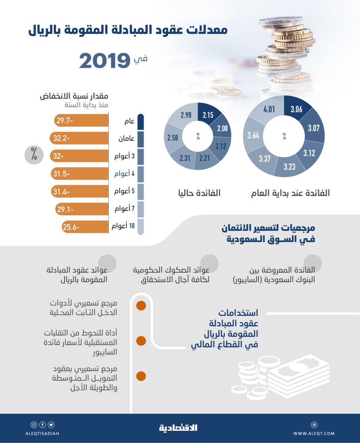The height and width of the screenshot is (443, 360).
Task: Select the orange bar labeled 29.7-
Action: pyautogui.click(x=81, y=121)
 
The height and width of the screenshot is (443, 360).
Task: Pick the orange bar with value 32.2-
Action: pyautogui.click(x=79, y=138)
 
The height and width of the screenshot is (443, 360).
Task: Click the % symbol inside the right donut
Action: pyautogui.click(x=285, y=136)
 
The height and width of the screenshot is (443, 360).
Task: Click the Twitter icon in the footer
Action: pyautogui.click(x=51, y=425)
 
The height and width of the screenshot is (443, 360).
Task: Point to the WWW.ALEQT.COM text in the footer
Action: pyautogui.click(x=314, y=433)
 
